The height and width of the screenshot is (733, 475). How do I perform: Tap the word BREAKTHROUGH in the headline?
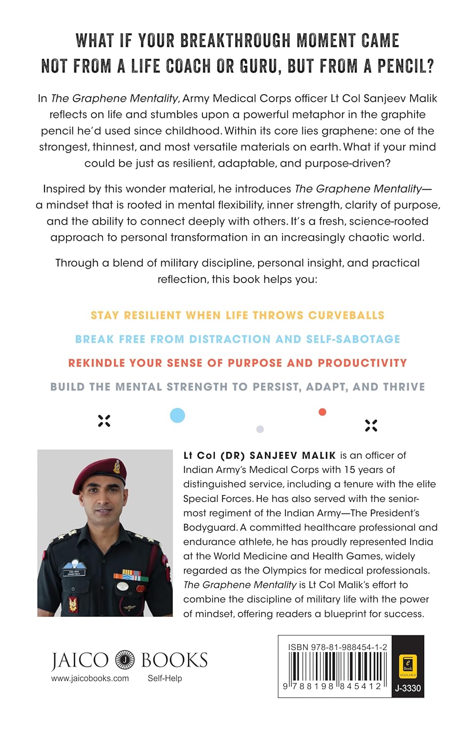(235, 41)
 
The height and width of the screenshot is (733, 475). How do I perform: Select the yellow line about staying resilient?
(237, 315)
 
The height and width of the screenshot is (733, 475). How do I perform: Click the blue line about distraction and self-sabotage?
(237, 339)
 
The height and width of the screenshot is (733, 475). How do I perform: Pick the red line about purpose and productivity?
(237, 363)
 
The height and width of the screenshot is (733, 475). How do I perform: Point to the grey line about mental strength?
(237, 387)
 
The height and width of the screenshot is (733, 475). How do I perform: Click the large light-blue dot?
(177, 415)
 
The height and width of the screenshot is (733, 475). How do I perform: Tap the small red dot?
(322, 412)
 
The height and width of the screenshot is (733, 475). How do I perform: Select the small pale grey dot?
(260, 429)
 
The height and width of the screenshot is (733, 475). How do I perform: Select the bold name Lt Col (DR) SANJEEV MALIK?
(259, 455)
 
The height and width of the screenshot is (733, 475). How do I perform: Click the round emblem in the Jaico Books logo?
(125, 660)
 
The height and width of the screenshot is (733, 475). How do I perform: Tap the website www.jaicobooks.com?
(90, 678)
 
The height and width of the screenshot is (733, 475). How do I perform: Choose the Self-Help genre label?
(165, 678)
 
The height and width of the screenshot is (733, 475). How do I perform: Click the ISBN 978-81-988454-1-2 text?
(337, 647)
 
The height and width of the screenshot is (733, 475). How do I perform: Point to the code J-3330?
(408, 688)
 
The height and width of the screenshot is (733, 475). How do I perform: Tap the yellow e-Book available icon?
(408, 666)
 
